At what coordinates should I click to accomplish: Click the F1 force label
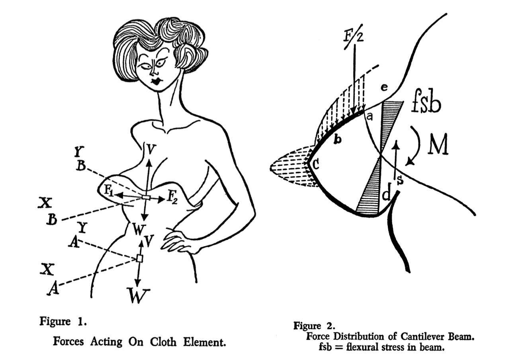pos(109,191)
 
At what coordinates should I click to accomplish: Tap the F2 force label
pos(172,198)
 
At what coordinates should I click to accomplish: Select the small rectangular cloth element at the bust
pos(146,198)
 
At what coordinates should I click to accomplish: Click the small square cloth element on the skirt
pos(139,258)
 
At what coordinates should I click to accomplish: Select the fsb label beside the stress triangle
pos(426,105)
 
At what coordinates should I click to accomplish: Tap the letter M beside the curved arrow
pos(438,144)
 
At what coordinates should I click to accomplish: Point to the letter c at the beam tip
pos(315,164)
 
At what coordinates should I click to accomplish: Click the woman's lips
pos(156,81)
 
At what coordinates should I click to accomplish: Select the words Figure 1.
pos(63,322)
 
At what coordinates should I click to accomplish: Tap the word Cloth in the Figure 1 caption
pos(163,342)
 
